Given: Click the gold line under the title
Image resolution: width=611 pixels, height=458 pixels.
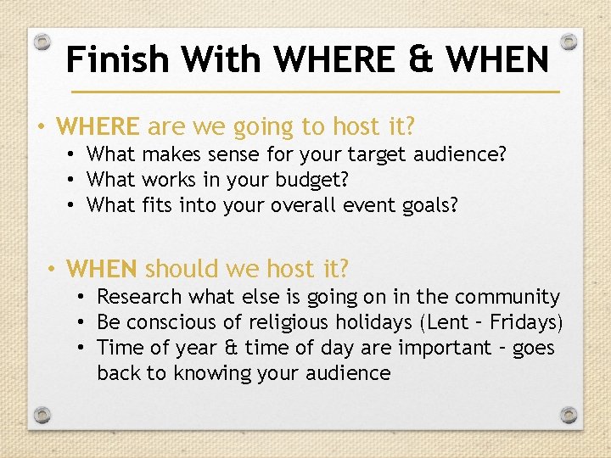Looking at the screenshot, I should tap(315, 91).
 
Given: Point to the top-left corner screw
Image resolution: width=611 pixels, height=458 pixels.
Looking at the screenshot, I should tap(42, 42).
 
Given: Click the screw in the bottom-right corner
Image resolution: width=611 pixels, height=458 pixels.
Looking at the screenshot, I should tap(569, 415).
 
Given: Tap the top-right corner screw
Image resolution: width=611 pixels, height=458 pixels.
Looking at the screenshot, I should tap(569, 42).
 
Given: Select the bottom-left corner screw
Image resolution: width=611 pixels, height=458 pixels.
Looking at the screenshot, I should tap(42, 415).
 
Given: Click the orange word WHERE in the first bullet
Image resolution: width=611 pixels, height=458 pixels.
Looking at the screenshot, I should tap(98, 127).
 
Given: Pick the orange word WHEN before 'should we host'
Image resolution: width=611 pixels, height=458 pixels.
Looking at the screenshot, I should tap(102, 270).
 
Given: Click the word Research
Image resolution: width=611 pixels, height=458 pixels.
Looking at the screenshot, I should tap(140, 297).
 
